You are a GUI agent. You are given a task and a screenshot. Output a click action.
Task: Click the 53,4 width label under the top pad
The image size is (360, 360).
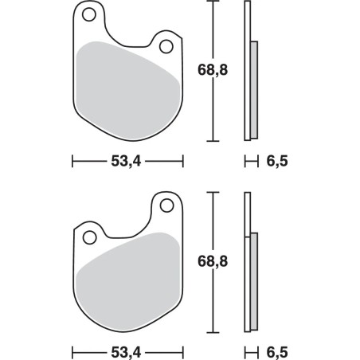127,162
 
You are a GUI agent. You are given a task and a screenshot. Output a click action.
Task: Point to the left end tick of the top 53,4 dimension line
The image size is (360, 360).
72,162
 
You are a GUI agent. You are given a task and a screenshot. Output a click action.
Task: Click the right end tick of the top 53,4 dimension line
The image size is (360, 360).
182,162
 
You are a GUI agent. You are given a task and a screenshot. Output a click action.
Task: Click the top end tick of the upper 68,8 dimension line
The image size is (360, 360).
212,2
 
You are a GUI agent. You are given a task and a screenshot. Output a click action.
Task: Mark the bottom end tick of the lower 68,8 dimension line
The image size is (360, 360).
212,331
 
